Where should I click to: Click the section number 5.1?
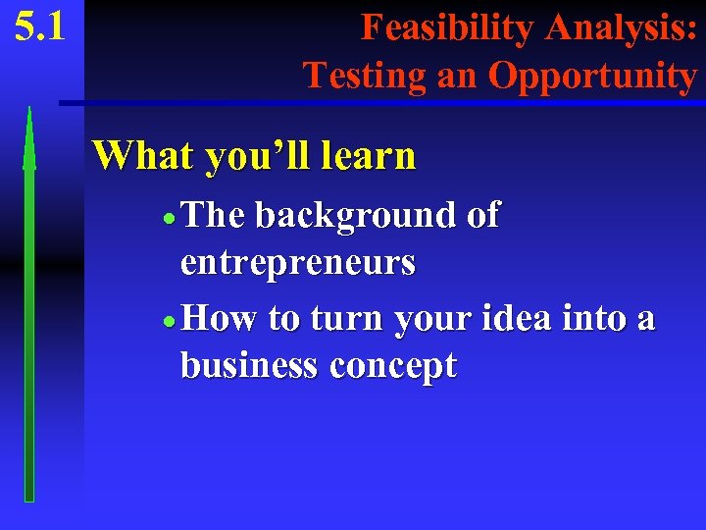coord(40,26)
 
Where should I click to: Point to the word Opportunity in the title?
coord(592,75)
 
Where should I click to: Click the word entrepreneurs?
coord(297,263)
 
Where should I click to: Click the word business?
coord(249,365)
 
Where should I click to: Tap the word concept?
coord(393,367)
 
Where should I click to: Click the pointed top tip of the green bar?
coord(29,108)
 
